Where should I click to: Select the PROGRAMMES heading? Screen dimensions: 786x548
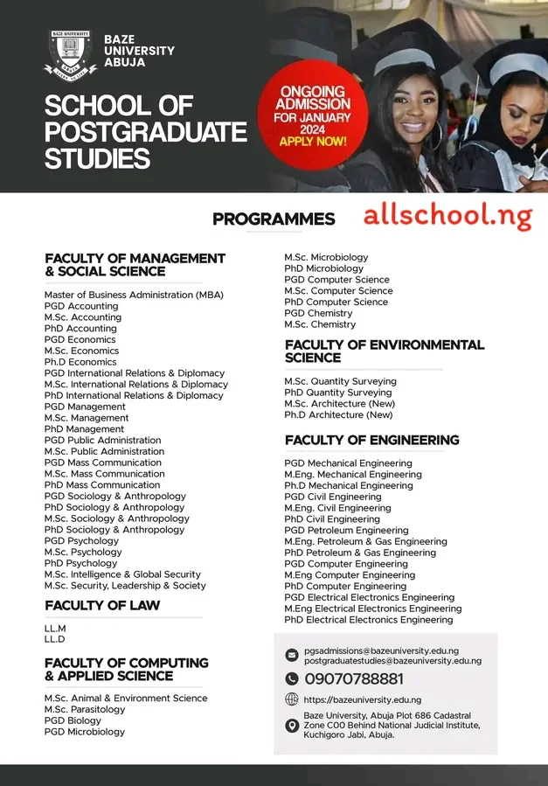274,219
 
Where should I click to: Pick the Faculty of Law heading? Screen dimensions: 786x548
102,606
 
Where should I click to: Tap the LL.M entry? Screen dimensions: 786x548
55,629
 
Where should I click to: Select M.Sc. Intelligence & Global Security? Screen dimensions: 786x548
122,574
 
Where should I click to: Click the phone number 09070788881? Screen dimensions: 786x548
354,679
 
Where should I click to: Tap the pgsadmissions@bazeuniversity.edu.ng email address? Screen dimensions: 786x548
381,651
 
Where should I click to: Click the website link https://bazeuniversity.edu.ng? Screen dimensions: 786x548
362,700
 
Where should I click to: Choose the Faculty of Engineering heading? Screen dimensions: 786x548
371,441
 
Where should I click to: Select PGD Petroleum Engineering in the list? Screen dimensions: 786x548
346,531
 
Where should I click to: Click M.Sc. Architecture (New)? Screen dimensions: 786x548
339,404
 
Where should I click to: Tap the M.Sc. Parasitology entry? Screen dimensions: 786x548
85,710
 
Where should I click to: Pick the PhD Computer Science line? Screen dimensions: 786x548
336,303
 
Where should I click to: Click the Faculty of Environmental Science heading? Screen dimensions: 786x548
384,351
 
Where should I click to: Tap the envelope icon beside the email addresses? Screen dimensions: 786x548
292,656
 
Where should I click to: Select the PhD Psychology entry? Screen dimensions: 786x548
80,563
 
